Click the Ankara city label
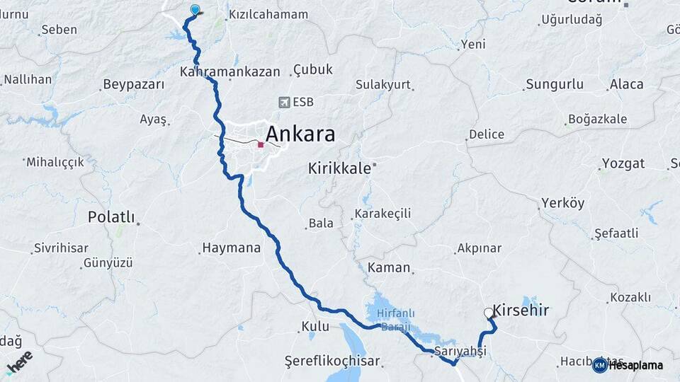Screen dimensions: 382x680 pos(300,134)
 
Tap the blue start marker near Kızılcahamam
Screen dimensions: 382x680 pos(195,10)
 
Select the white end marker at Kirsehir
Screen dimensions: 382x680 pos(488,312)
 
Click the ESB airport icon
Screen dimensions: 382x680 pos(285,102)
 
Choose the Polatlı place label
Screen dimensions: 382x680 pos(110,217)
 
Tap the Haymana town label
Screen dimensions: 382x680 pos(231,248)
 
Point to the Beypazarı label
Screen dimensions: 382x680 pos(133,84)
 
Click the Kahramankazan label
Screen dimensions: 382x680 pos(229,71)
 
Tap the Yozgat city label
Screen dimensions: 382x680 pos(623,163)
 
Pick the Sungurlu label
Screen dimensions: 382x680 pos(555,84)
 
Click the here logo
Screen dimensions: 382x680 pos(19,361)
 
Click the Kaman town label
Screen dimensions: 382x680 pos(389,267)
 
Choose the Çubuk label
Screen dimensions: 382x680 pos(312,69)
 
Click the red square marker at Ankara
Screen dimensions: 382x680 pos(261,145)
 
